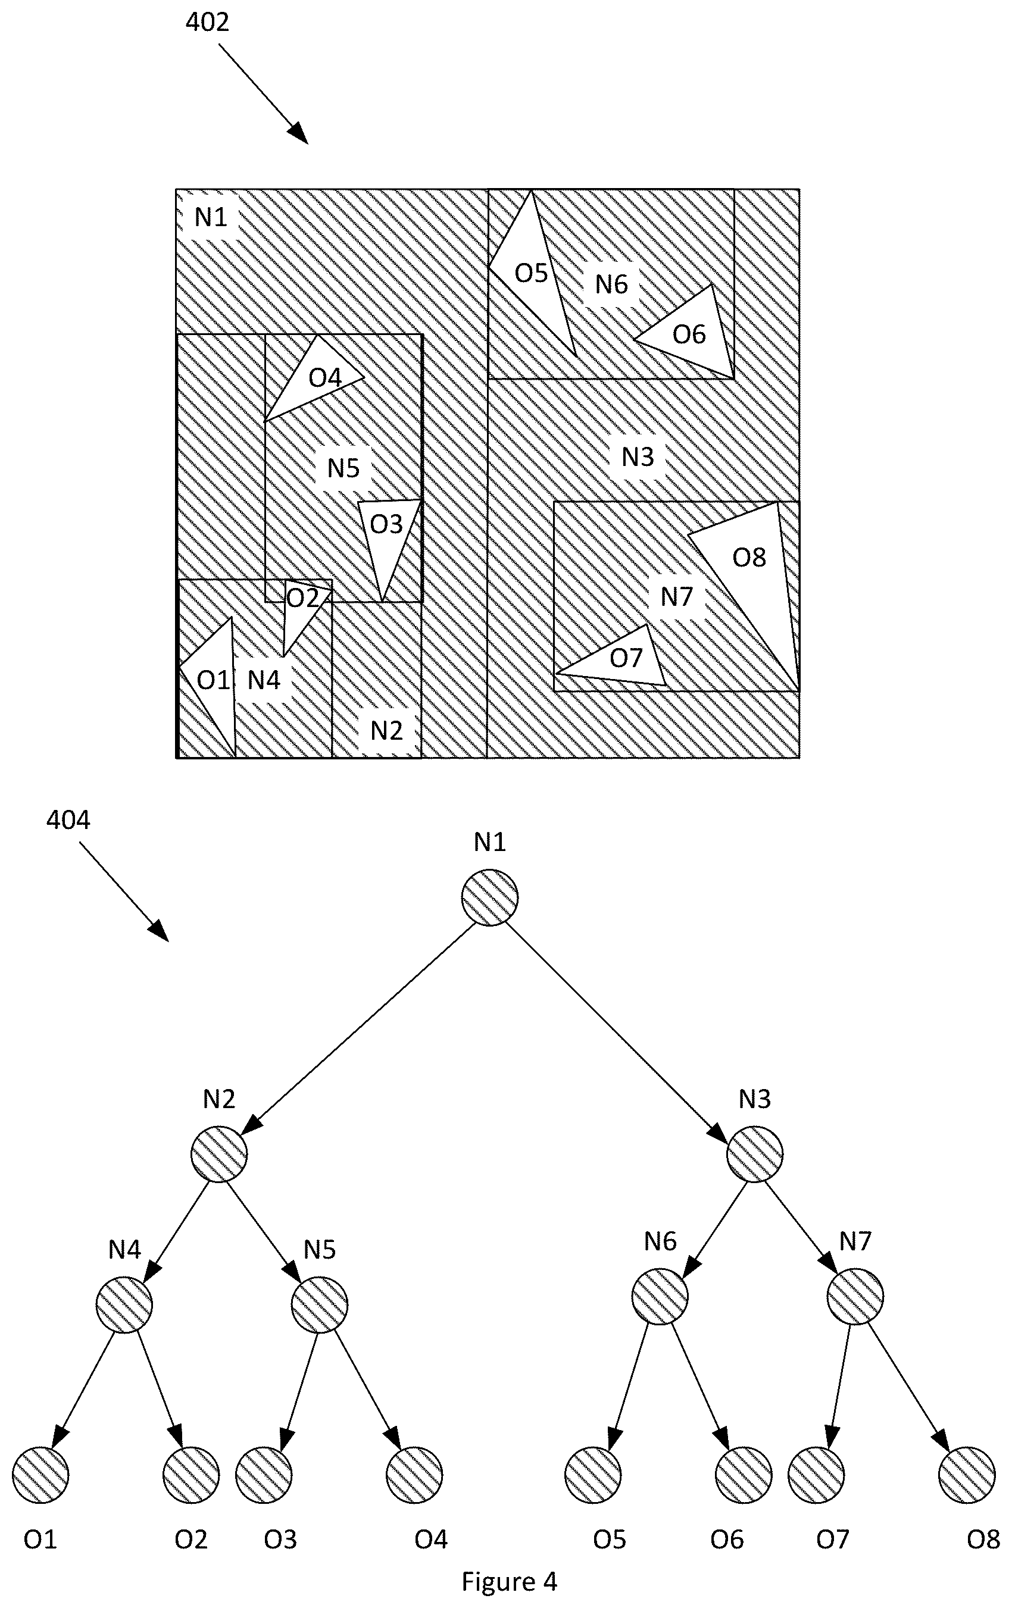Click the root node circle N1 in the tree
pos(490,897)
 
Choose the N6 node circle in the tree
pos(660,1296)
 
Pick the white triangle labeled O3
pos(388,534)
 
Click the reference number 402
pos(207,22)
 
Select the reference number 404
pos(68,819)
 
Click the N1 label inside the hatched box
pos(211,217)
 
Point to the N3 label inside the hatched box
pos(637,457)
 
